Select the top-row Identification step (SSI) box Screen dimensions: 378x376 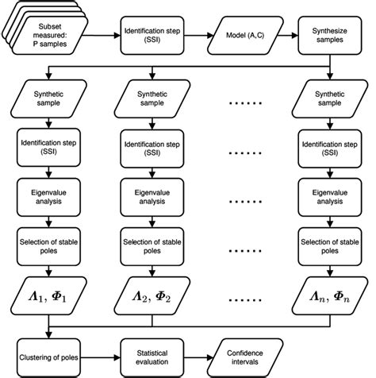(151, 33)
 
